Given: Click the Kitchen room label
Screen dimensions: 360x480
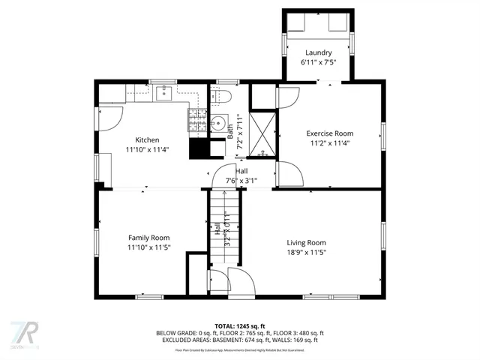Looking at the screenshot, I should pos(147,139).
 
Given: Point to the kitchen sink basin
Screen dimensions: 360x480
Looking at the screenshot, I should pos(165,93).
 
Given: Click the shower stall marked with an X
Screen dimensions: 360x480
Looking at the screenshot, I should pos(262,132).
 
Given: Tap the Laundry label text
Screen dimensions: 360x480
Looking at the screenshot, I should pos(318,52).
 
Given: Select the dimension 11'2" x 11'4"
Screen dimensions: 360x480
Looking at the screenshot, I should pos(329,142).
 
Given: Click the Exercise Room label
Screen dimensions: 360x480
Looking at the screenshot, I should pos(329,133).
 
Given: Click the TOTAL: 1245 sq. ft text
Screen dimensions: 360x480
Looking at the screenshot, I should pos(240,325).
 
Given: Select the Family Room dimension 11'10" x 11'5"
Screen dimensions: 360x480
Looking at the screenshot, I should pos(148,247).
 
